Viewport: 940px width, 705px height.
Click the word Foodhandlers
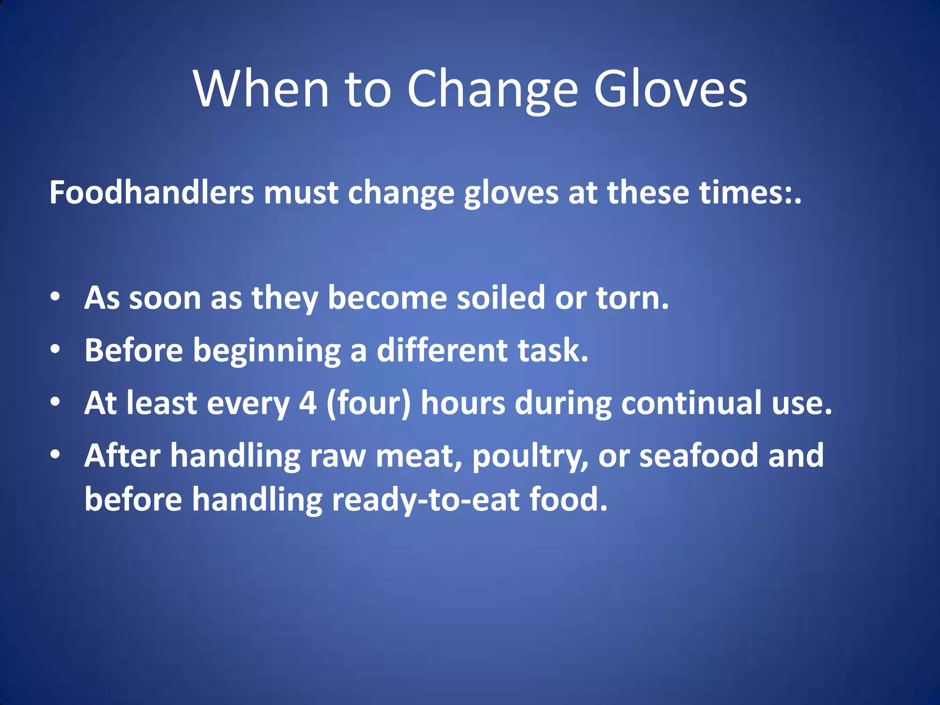tap(151, 192)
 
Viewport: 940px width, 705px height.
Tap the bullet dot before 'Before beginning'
tap(56, 349)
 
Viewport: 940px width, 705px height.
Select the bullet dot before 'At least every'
tap(56, 402)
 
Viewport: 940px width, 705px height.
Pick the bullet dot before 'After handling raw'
tap(56, 454)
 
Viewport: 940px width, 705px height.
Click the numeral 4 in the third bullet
tap(308, 403)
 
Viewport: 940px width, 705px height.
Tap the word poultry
tap(530, 456)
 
